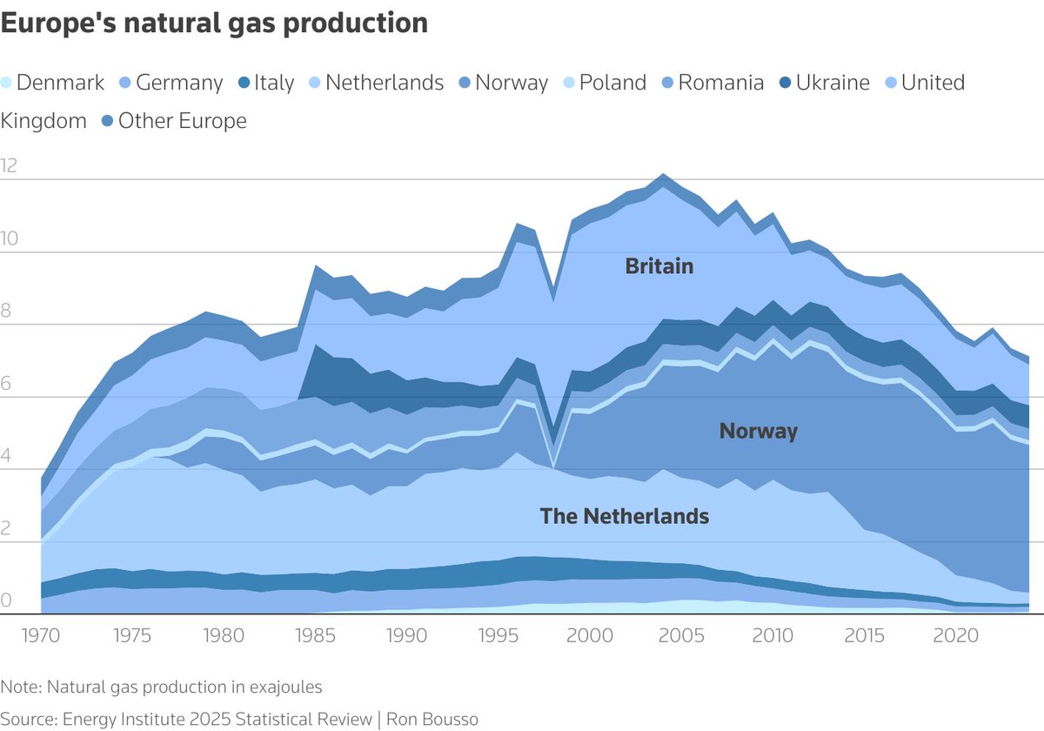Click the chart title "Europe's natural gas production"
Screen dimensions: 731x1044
[214, 23]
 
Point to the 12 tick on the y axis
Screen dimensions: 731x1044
[10, 165]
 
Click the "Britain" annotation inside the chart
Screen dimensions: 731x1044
[659, 266]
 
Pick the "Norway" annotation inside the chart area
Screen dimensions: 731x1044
[758, 431]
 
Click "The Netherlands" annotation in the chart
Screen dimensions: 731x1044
[624, 516]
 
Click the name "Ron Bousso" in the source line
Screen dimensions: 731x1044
[432, 719]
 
